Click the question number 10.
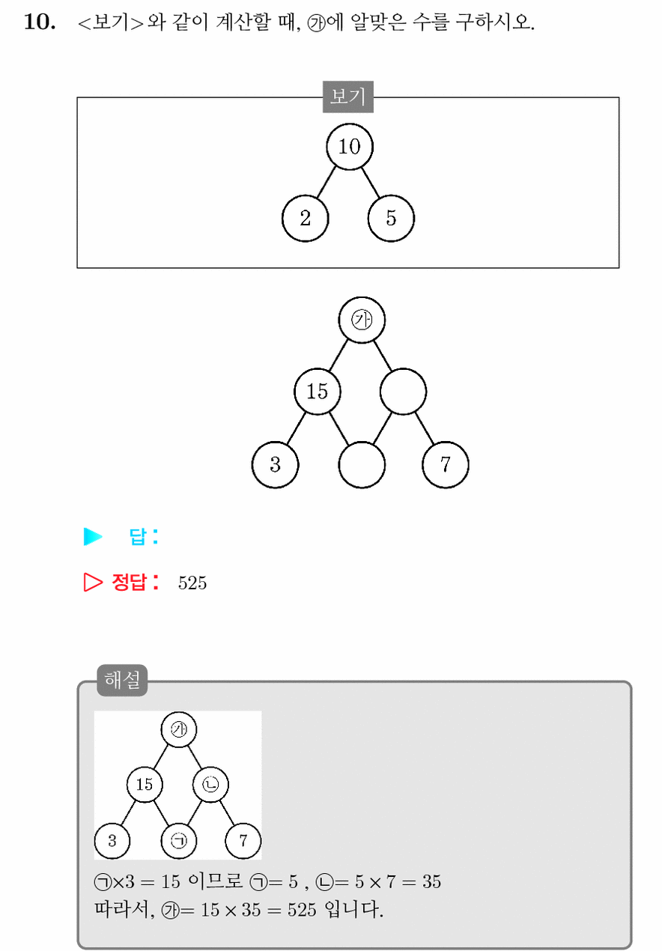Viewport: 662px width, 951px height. click(40, 22)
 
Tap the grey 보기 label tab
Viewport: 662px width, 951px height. click(347, 97)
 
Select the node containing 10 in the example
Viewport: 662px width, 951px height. click(350, 147)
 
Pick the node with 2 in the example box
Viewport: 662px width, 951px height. click(306, 218)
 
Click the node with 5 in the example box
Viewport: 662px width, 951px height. click(391, 218)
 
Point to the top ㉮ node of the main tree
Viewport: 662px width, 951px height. click(362, 320)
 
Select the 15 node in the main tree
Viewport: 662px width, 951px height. click(318, 392)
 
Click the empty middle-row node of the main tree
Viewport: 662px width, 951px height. click(404, 392)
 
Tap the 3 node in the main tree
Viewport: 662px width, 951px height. click(275, 464)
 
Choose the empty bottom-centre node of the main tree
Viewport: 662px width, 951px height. click(362, 464)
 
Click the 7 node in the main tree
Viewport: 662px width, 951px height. click(446, 464)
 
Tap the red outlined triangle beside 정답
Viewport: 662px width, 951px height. click(93, 582)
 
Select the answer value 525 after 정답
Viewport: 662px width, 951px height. click(192, 583)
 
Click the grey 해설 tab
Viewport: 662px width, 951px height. click(122, 680)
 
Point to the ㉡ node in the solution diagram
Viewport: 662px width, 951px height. click(210, 785)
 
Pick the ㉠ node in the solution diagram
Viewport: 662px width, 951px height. click(179, 841)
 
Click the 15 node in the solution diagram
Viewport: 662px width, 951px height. click(145, 785)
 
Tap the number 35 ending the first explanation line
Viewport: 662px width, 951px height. click(431, 882)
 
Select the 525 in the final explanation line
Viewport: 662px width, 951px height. click(302, 910)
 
